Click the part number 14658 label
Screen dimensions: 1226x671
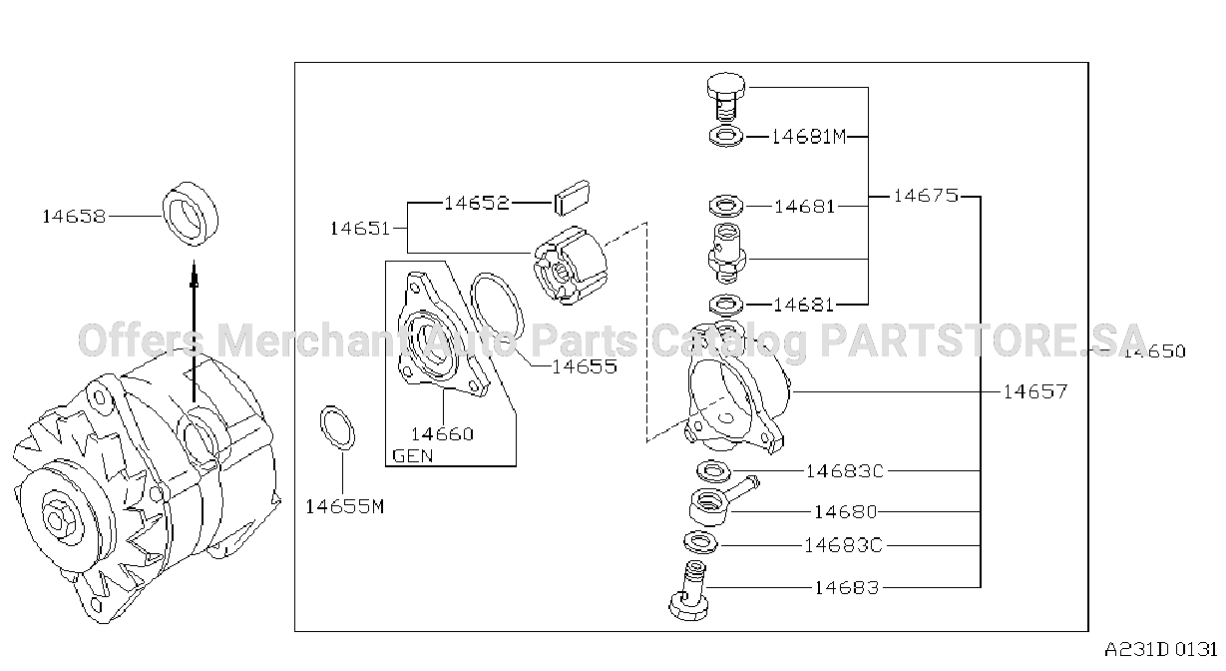[x=74, y=217]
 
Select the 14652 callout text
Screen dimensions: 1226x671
[x=477, y=204]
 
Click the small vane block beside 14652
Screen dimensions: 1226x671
[x=572, y=198]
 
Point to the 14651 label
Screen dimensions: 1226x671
[x=360, y=229]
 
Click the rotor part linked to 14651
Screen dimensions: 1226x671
[x=571, y=266]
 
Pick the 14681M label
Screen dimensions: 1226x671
[x=808, y=137]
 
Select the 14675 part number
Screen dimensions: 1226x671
[x=926, y=196]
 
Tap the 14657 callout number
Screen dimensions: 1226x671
[x=1035, y=391]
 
